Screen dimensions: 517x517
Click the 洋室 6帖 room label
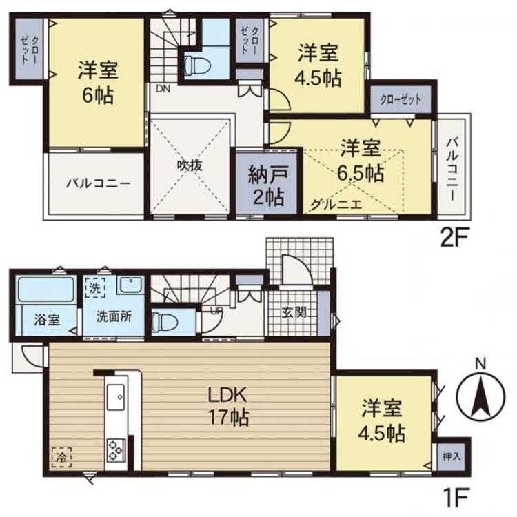pos(97,81)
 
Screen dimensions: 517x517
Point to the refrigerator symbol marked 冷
pos(61,456)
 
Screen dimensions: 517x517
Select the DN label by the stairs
pos(162,89)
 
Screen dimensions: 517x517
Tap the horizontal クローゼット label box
pos(401,99)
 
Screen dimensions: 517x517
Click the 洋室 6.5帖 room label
pos(361,163)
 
